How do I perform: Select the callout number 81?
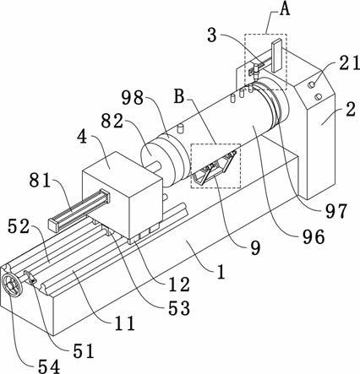pyautogui.click(x=40, y=180)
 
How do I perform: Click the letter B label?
pyautogui.click(x=179, y=96)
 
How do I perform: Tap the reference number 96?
pyautogui.click(x=314, y=237)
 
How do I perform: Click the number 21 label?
pyautogui.click(x=349, y=62)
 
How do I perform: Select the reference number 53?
pyautogui.click(x=179, y=308)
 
